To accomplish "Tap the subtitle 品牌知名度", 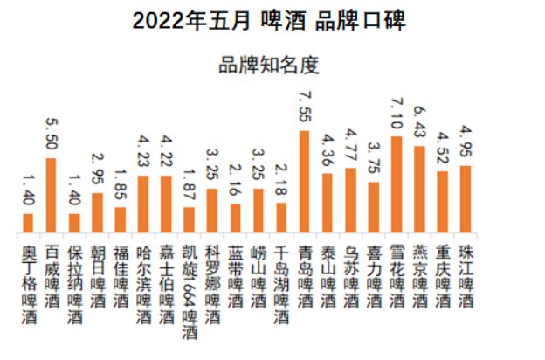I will click(x=270, y=66).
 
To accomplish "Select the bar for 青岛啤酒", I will click(x=304, y=182).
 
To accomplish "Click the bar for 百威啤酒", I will click(x=51, y=196).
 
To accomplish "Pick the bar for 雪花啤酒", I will click(x=396, y=184).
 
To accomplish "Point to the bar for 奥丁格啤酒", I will click(x=28, y=224).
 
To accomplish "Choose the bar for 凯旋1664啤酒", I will click(x=189, y=220).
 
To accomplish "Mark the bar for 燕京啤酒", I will click(x=419, y=190).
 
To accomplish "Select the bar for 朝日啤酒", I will click(x=97, y=213).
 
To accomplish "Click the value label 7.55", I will click(x=304, y=108).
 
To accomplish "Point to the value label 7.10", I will click(x=396, y=114).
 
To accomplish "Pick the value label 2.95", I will click(x=97, y=170).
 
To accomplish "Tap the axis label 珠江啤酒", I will click(x=466, y=271).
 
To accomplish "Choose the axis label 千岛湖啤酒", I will click(x=280, y=278).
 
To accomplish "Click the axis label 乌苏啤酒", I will click(x=350, y=271).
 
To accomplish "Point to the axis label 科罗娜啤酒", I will click(x=212, y=278).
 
